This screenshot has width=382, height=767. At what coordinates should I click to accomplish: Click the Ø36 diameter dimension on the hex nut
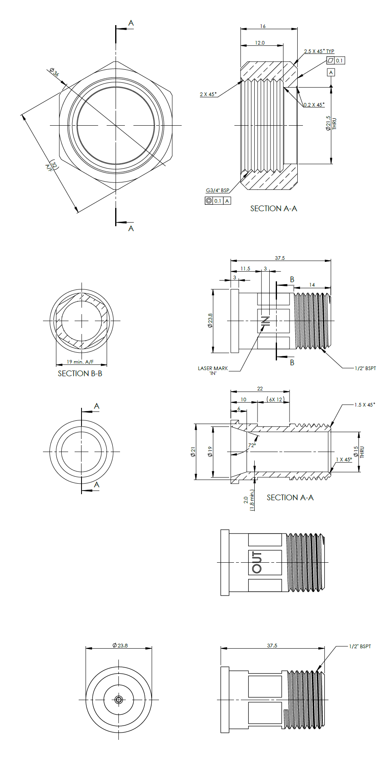[x=54, y=73]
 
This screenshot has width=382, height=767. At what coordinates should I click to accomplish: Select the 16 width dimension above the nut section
[x=263, y=26]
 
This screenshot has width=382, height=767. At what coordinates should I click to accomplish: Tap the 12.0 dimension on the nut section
[x=260, y=43]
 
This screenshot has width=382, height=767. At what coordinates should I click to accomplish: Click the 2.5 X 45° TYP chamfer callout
[x=319, y=51]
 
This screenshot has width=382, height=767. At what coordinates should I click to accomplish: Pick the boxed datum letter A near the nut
[x=331, y=73]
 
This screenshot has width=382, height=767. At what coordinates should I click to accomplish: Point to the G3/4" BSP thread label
[x=217, y=191]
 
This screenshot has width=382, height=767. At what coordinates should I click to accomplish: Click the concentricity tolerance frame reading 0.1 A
[x=218, y=201]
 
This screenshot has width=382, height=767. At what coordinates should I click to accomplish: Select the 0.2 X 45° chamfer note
[x=314, y=105]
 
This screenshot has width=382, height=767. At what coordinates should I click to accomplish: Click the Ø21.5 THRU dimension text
[x=331, y=123]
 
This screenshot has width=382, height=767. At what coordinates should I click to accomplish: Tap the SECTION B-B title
[x=80, y=374]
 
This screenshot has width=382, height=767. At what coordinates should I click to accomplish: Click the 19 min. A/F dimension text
[x=80, y=362]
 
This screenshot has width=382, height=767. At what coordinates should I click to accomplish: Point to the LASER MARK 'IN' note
[x=213, y=371]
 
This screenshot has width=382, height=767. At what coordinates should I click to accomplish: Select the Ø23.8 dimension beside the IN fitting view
[x=210, y=320]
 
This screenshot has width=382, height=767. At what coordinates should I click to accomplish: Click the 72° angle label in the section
[x=252, y=445]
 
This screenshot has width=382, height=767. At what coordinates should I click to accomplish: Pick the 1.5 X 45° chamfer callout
[x=365, y=405]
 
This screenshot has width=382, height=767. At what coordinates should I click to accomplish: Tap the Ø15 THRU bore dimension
[x=358, y=452]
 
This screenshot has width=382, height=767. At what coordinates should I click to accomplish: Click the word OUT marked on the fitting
[x=257, y=562]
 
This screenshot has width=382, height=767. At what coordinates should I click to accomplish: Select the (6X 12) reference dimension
[x=275, y=399]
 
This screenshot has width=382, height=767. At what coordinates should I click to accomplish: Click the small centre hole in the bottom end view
[x=119, y=700]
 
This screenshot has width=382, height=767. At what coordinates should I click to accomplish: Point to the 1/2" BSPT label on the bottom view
[x=360, y=646]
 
